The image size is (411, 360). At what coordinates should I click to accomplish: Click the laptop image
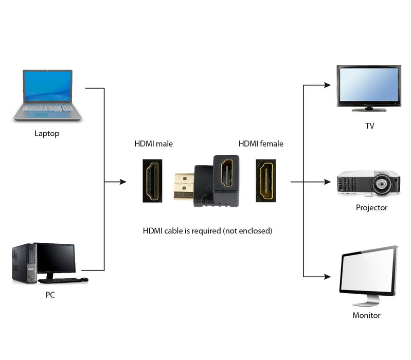[47, 95]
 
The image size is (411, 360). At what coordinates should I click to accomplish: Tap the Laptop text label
[47, 134]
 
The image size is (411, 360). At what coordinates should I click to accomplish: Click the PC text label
[50, 295]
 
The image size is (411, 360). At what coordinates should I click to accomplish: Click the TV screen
[368, 85]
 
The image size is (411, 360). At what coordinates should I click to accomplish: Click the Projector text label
[371, 208]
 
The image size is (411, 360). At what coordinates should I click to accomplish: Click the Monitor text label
[366, 315]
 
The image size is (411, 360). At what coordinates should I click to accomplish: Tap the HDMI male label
[153, 144]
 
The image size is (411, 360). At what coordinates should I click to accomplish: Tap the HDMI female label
[261, 144]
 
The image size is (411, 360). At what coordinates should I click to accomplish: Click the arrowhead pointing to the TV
[327, 85]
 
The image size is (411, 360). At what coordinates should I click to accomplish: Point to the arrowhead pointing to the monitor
[327, 277]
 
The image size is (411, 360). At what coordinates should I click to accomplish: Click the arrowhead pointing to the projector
[327, 182]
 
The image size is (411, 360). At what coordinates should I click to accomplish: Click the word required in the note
[206, 231]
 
